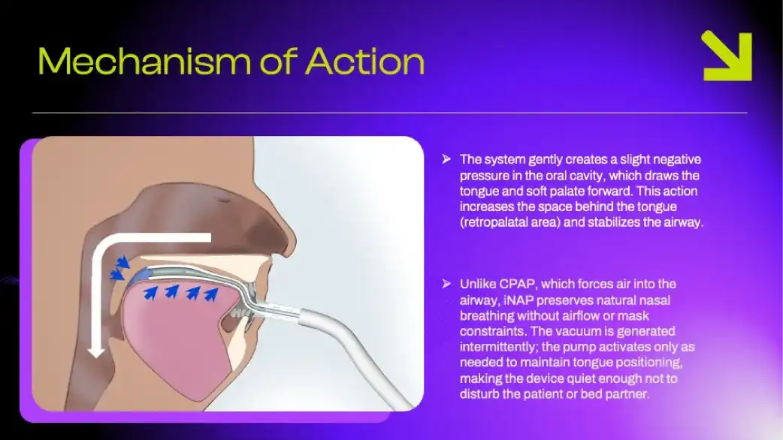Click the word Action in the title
[365, 62]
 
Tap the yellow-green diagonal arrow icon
[727, 56]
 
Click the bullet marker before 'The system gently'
[446, 159]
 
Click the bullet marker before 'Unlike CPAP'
[446, 284]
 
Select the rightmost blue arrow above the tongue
[212, 294]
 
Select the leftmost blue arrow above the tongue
[150, 292]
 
